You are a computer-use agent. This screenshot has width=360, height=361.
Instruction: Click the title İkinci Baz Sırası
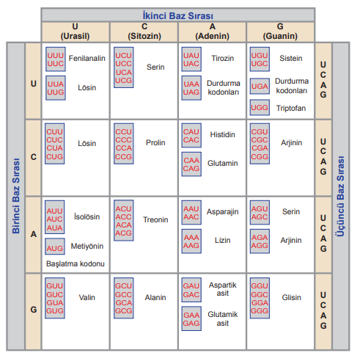click(177, 15)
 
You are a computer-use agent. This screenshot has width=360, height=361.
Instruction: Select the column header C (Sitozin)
click(144, 32)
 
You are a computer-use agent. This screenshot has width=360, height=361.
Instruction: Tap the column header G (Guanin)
click(280, 32)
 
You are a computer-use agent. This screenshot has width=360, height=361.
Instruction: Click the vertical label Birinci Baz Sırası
click(16, 196)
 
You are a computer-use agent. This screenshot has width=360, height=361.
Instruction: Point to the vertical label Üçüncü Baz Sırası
click(340, 196)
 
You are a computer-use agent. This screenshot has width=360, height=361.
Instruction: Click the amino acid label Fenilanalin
click(87, 58)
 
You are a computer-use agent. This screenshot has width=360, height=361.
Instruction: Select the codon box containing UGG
click(260, 107)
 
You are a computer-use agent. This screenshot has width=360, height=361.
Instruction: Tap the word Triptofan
click(291, 108)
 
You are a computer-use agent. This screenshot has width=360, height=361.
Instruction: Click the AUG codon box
click(55, 247)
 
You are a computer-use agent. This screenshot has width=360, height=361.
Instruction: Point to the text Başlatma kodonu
click(76, 263)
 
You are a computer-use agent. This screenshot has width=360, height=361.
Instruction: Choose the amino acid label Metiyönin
click(87, 246)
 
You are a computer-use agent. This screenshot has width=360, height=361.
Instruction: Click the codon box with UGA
click(260, 86)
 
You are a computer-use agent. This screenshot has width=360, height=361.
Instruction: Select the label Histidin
click(222, 134)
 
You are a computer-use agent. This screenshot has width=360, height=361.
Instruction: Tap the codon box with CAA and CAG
click(191, 164)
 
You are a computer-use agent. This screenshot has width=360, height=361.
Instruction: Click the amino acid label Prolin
click(155, 142)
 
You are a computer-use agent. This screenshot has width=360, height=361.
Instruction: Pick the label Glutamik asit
click(223, 318)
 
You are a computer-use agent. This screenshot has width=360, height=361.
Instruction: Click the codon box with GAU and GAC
click(191, 290)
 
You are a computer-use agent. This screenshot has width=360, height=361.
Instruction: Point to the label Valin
click(87, 297)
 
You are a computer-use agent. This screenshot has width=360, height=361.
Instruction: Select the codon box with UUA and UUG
click(56, 88)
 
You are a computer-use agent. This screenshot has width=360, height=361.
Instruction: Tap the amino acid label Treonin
click(155, 219)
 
